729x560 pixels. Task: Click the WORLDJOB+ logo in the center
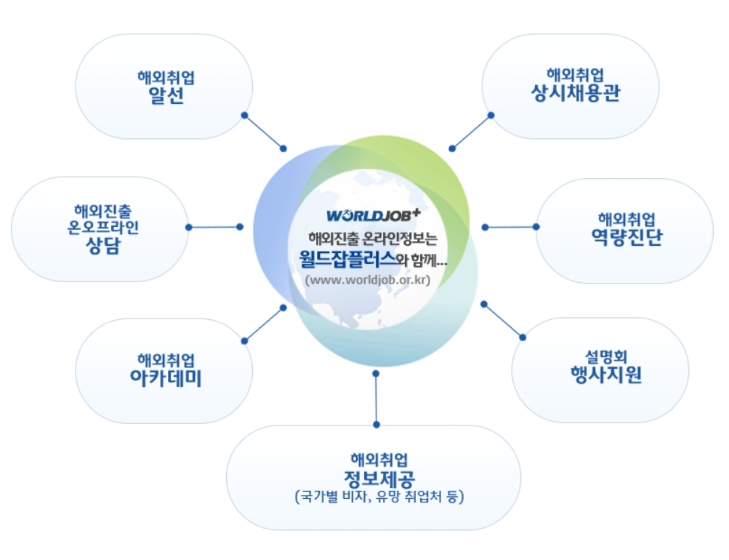[x=373, y=215]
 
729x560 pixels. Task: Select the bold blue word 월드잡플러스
[x=347, y=258]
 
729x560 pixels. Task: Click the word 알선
[x=165, y=96]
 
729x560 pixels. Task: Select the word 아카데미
[x=166, y=378]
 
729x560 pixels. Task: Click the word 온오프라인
[x=102, y=226]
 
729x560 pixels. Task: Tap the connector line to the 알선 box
[x=264, y=132]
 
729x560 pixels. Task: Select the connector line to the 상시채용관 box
[x=471, y=132]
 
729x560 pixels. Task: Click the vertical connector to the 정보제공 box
[x=376, y=399]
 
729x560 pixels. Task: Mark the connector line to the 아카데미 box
[x=264, y=324]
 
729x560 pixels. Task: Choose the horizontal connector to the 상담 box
[x=214, y=227]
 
